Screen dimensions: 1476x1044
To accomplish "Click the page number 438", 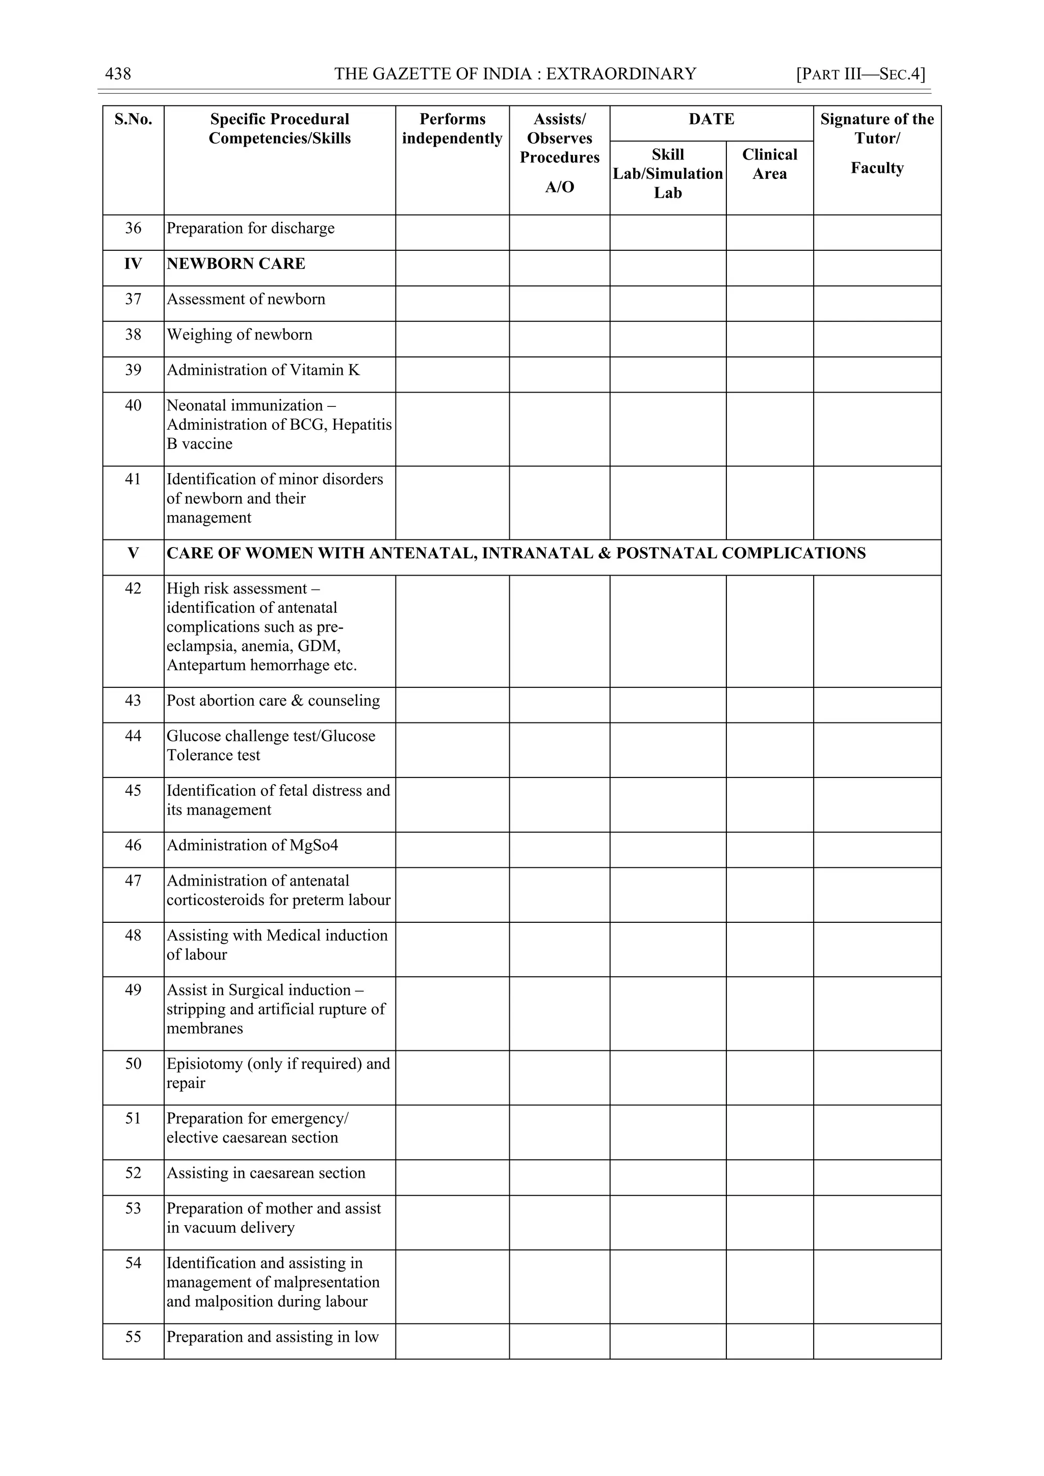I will pyautogui.click(x=118, y=74).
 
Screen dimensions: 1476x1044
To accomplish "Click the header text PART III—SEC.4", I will pyautogui.click(x=861, y=74).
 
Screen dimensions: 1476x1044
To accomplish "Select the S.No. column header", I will pyautogui.click(x=133, y=120).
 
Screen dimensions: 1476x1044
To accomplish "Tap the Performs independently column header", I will pyautogui.click(x=452, y=128).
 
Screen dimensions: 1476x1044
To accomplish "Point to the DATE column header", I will pyautogui.click(x=711, y=120).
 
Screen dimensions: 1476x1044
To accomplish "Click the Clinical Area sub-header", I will pyautogui.click(x=770, y=164).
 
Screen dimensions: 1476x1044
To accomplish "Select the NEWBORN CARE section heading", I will pyautogui.click(x=236, y=264).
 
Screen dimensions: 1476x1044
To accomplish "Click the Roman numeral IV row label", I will pyautogui.click(x=133, y=264).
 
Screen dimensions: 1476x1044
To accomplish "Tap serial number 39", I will pyautogui.click(x=133, y=370).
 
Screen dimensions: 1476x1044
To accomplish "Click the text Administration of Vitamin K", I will pyautogui.click(x=263, y=370).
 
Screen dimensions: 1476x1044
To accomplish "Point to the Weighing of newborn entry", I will pyautogui.click(x=239, y=335).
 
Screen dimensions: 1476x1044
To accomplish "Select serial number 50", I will pyautogui.click(x=133, y=1064).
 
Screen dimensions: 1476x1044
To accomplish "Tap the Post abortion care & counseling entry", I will pyautogui.click(x=273, y=701).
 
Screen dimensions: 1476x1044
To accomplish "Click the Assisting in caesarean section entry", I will pyautogui.click(x=266, y=1173).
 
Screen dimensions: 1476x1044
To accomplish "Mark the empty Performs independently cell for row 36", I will pyautogui.click(x=452, y=232).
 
